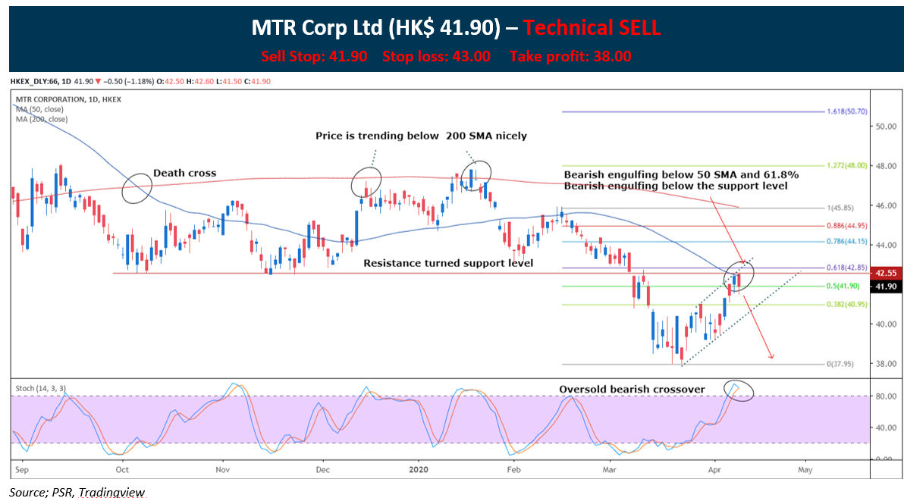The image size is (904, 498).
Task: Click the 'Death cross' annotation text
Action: pos(184,173)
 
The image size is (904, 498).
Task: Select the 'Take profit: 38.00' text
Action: pos(570,56)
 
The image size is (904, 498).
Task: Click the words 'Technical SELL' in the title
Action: pos(592,28)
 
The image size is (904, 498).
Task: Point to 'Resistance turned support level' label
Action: pos(448,263)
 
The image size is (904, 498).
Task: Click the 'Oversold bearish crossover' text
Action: pos(632,390)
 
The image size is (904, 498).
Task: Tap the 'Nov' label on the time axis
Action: pos(223,470)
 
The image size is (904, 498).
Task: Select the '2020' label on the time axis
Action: pos(418,470)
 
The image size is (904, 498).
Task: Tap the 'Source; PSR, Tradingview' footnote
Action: pos(77,492)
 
